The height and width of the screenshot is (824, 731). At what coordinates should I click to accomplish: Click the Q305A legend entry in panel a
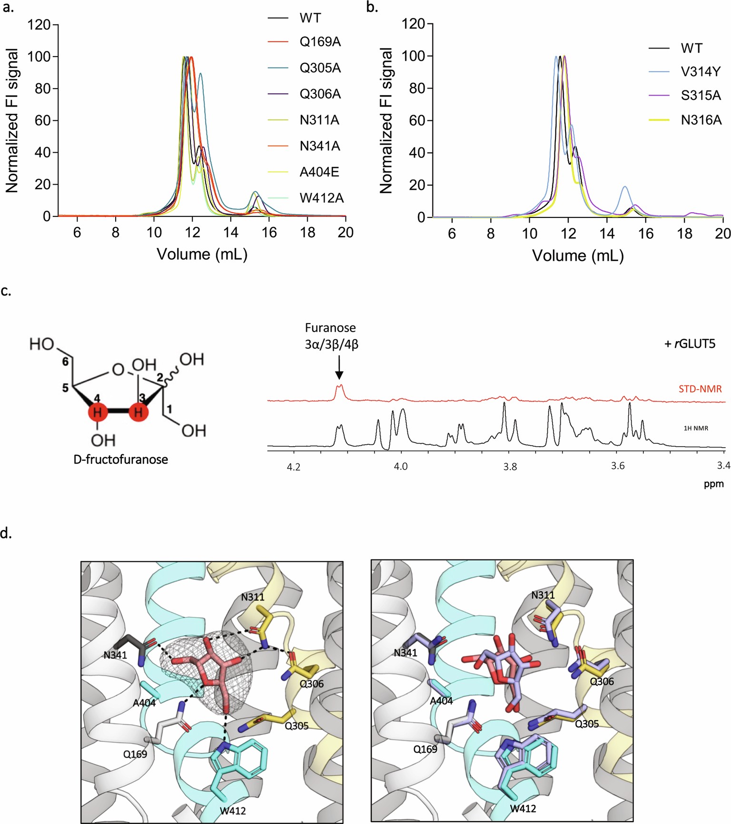coord(320,68)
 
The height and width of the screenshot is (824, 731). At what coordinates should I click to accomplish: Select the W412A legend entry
coord(321,198)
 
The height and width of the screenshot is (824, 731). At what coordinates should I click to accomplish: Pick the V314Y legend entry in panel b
coord(701,72)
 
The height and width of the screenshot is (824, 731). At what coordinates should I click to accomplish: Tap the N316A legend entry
coord(701,120)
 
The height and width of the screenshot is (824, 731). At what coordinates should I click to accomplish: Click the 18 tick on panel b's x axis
coord(684,234)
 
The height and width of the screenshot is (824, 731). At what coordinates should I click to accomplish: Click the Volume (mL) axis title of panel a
coord(202,254)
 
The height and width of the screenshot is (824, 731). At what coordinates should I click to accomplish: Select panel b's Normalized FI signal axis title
coord(386,121)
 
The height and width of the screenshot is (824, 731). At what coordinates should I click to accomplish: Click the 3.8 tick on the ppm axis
coord(510,467)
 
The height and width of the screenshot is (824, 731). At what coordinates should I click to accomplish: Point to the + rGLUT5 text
coord(690,343)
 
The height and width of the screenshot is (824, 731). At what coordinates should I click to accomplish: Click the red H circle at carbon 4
coord(98,412)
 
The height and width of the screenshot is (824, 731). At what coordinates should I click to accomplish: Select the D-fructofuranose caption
coord(120,460)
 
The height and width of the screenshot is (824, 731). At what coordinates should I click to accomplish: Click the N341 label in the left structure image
coord(115,655)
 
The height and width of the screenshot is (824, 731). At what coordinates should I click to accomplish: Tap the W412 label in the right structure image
coord(523,808)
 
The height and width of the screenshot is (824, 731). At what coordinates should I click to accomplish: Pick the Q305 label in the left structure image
coord(296,726)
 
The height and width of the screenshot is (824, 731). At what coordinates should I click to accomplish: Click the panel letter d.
coord(6,533)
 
